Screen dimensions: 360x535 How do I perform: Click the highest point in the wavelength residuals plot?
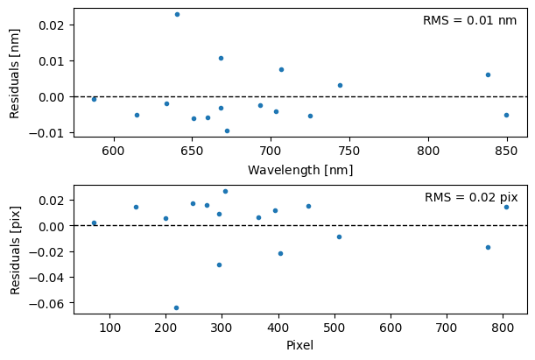(x=177, y=14)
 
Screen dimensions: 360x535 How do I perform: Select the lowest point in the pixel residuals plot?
(x=176, y=307)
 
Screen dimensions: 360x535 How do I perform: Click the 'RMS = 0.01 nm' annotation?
(x=469, y=20)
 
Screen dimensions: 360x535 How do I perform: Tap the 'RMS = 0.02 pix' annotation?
(x=470, y=198)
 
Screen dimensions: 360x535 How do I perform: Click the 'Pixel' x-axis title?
(x=299, y=345)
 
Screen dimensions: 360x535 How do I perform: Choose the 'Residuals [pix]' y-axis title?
(x=14, y=250)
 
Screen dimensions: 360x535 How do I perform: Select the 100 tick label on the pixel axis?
(x=109, y=328)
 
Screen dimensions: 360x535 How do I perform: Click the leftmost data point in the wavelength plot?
(x=94, y=99)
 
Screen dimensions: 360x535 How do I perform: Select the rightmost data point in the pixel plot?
(x=506, y=207)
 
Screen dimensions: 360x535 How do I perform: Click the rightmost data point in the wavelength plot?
(x=506, y=115)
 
